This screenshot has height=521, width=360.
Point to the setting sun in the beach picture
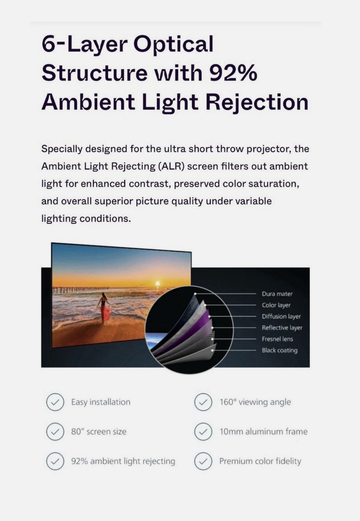pos(158,284)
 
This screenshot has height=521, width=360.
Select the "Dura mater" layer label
pos(277,294)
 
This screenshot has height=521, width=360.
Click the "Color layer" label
pos(276,305)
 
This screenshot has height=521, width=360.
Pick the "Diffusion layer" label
pos(281,316)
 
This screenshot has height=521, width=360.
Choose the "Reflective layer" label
pos(282,327)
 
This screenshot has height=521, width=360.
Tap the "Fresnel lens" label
pos(277,339)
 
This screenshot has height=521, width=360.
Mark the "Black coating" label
pos(280,350)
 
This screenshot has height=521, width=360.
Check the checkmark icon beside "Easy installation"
pos(55,402)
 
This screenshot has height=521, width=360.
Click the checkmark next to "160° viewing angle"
pos(203,402)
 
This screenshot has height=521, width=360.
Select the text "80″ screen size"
pos(99,432)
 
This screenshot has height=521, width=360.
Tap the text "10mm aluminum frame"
pos(264,432)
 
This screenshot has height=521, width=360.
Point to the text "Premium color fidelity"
pos(260,461)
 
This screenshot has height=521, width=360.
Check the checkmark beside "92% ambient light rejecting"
pos(55,461)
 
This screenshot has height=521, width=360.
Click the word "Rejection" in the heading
pos(257,103)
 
